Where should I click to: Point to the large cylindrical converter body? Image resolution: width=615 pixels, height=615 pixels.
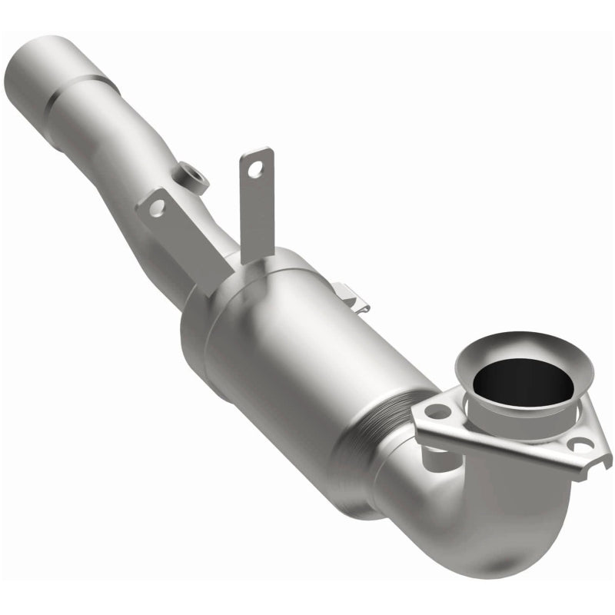click(x=307, y=354)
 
